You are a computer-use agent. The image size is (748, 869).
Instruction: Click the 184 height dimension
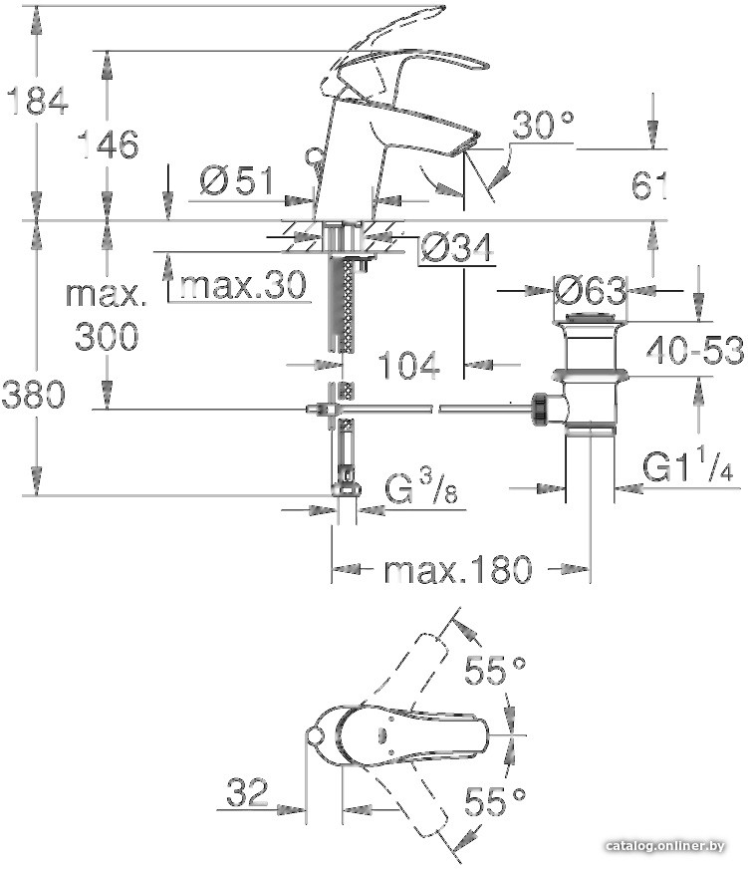36,101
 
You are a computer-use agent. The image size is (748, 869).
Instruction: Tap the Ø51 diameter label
236,181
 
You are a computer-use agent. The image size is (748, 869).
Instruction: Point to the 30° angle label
544,126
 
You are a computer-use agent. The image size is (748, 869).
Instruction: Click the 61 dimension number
648,184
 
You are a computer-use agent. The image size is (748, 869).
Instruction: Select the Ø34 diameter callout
456,249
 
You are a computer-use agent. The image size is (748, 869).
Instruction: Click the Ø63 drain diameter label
590,291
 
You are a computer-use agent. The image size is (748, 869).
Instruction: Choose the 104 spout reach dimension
408,367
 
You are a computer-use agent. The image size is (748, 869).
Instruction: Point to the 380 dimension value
36,396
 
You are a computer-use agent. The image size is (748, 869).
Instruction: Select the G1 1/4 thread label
687,467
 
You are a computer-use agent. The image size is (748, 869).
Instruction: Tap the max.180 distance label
458,570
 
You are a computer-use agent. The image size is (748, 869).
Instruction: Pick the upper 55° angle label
495,673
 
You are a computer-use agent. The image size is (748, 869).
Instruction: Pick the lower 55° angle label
495,800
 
